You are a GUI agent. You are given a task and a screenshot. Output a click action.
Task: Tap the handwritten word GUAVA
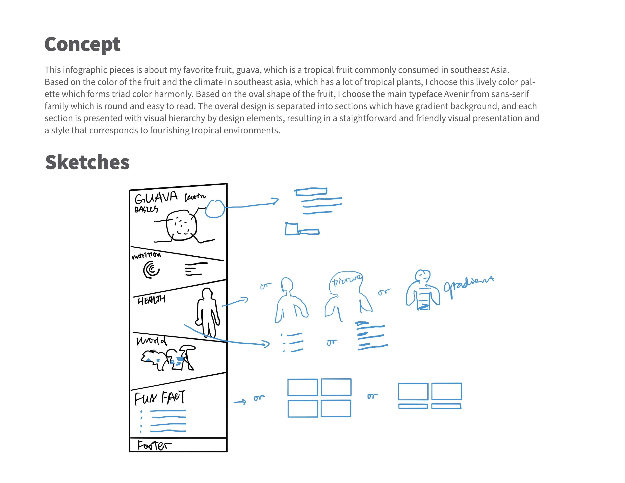coord(156,197)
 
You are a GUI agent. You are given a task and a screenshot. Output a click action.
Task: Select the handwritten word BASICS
coord(146,209)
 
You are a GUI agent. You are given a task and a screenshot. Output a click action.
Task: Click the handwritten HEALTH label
coord(151,300)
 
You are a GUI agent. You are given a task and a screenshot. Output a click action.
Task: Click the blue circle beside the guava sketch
coord(215,209)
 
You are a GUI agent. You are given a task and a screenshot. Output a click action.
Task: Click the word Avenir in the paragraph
coord(457,94)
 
